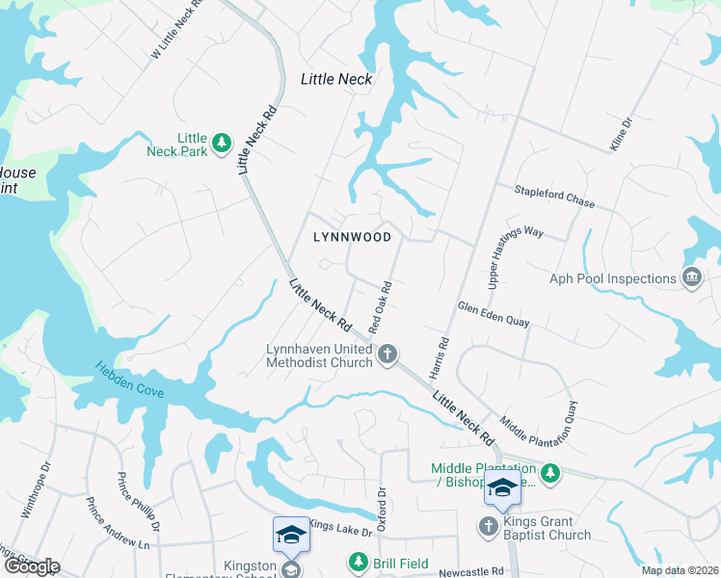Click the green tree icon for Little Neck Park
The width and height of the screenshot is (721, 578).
[x=222, y=143]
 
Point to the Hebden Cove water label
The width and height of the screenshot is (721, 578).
[x=130, y=380]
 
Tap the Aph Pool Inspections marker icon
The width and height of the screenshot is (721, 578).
[x=691, y=279]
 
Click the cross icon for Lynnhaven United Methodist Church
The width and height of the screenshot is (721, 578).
[x=387, y=355]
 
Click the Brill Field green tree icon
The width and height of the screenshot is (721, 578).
[x=358, y=561]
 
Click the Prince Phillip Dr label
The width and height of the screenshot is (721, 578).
[x=139, y=502]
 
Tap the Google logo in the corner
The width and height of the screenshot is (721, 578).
[x=31, y=566]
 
